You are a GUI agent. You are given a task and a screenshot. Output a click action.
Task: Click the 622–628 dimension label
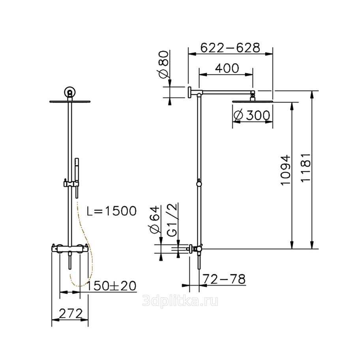230,48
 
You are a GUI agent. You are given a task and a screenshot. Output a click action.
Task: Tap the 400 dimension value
227,68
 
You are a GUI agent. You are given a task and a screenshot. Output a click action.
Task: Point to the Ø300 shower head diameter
251,115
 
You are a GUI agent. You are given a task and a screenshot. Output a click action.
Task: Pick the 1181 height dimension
306,168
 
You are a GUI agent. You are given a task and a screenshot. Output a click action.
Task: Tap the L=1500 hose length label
112,210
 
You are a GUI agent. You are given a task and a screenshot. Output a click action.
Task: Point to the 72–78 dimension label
225,279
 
